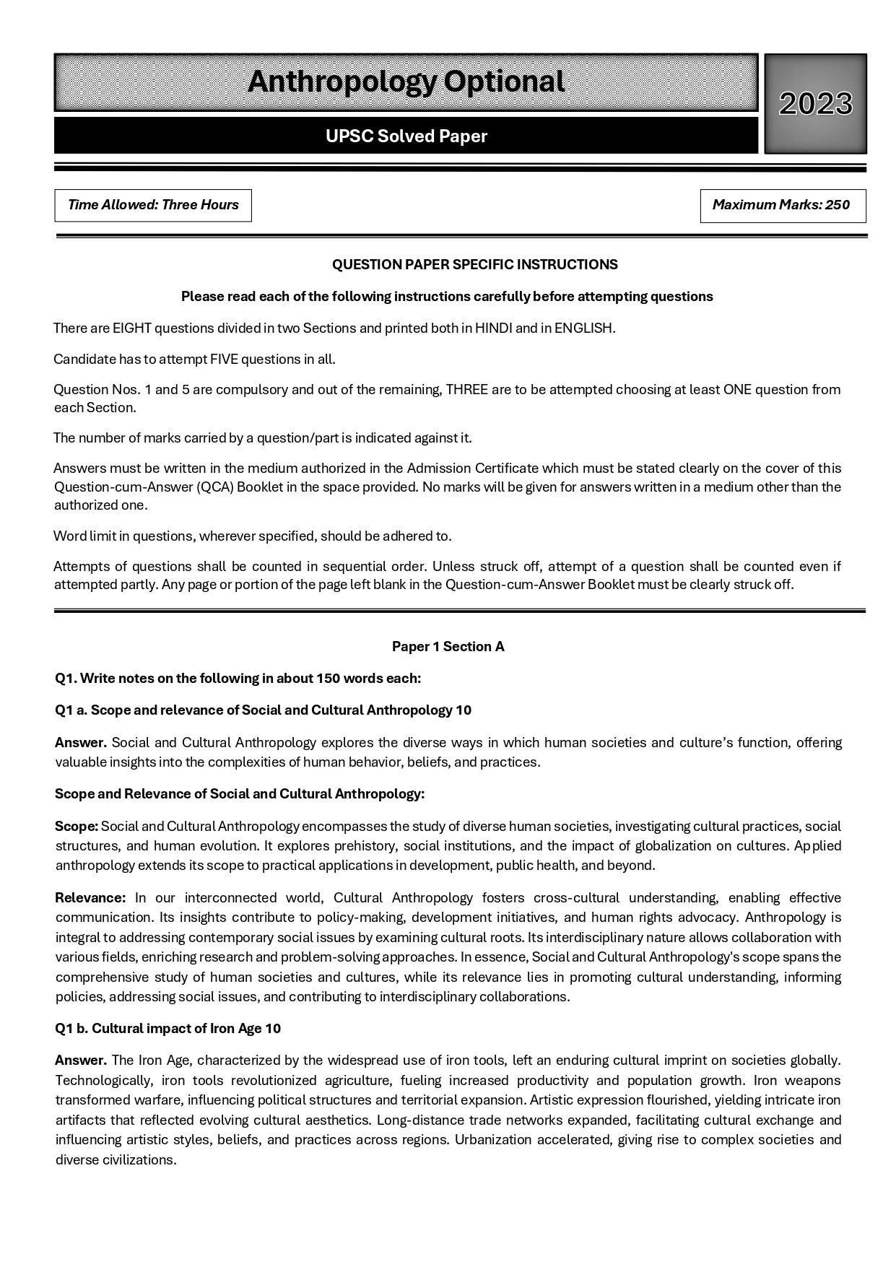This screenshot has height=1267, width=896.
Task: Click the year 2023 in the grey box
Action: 815,104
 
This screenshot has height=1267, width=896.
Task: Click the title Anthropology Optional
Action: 406,82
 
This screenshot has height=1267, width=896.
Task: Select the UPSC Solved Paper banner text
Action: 406,136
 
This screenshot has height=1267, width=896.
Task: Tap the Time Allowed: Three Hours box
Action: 153,205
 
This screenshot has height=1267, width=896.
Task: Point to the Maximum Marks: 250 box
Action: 782,205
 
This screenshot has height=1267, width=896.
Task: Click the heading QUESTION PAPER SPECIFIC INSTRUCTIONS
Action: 474,265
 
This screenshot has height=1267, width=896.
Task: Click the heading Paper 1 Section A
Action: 448,647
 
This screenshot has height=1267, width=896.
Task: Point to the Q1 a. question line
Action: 263,710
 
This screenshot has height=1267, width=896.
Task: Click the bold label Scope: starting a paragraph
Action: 77,826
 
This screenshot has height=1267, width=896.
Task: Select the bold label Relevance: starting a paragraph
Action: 90,898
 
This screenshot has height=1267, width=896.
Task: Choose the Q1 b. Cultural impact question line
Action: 168,1029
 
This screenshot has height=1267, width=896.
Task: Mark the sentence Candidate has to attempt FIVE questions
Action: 194,359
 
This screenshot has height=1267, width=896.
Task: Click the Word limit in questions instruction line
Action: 252,536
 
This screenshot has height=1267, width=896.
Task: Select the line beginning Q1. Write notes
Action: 238,679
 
